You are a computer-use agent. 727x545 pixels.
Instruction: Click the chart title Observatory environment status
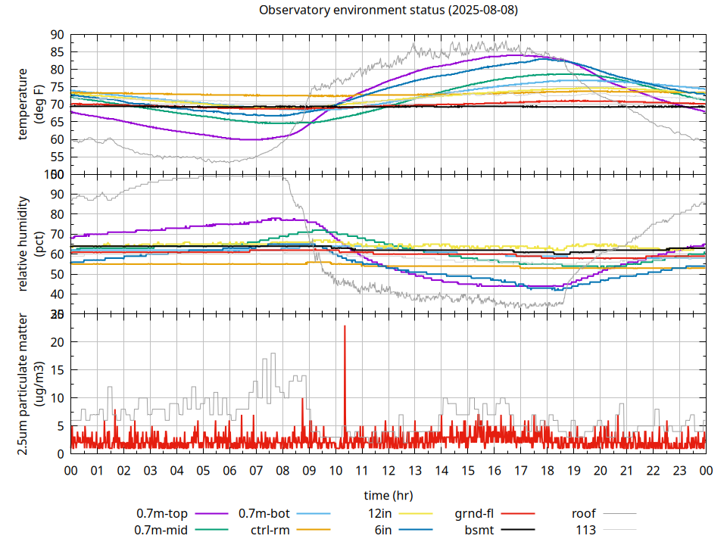[x=388, y=10]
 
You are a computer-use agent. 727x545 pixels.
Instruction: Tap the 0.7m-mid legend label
[x=161, y=530]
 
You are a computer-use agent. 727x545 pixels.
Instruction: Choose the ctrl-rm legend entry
[x=270, y=530]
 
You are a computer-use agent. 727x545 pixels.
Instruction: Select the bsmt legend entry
[x=479, y=530]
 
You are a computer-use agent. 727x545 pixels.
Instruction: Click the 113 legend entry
[x=586, y=530]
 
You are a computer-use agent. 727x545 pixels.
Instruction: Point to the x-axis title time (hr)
[x=388, y=495]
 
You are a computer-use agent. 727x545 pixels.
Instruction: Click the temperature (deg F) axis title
[x=30, y=104]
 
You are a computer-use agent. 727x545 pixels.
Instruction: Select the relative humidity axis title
[x=30, y=244]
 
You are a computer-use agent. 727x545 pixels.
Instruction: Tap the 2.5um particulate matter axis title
[x=30, y=383]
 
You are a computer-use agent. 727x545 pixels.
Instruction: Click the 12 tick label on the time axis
[x=388, y=470]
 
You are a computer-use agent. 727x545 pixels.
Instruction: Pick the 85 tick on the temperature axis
[x=58, y=52]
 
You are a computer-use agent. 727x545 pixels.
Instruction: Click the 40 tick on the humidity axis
[x=58, y=294]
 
